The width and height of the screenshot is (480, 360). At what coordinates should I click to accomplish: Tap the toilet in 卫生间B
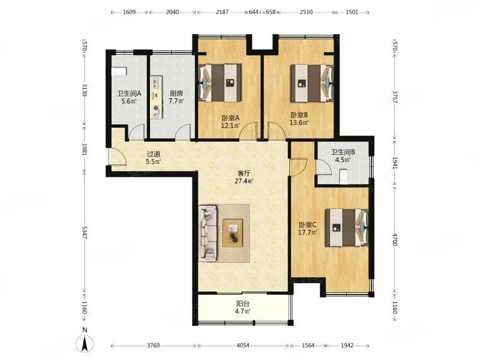click(344, 176)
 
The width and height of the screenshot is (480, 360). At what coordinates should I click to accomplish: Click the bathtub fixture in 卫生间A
click(119, 71)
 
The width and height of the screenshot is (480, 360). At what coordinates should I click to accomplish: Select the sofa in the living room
click(208, 233)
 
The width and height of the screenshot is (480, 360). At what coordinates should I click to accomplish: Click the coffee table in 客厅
click(233, 233)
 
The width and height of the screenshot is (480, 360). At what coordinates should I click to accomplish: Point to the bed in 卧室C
click(347, 227)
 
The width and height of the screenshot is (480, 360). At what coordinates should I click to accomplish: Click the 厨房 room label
click(176, 93)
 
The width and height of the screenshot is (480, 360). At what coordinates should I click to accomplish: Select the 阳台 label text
click(243, 304)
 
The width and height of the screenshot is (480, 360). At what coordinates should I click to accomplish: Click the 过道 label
click(153, 154)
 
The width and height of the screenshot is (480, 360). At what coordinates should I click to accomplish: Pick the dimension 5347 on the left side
click(85, 233)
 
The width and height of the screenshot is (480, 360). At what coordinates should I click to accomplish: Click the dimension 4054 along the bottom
click(243, 346)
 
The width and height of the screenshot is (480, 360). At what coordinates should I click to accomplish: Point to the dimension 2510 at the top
click(306, 12)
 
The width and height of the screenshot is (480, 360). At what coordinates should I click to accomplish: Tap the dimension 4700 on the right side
click(395, 239)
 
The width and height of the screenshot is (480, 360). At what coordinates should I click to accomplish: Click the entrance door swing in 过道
click(118, 157)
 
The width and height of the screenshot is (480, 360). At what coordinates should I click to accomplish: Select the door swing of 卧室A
click(248, 131)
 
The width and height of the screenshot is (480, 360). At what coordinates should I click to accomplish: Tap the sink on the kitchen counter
click(157, 82)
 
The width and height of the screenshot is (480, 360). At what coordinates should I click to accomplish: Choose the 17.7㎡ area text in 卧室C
click(308, 232)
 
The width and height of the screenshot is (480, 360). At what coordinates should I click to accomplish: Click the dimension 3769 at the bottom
click(153, 346)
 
